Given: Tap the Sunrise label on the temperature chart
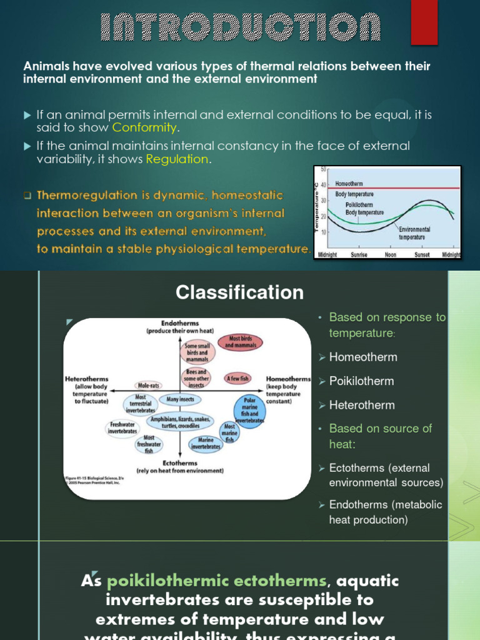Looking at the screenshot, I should pos(359,255).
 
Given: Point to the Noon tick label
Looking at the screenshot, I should pos(391,255).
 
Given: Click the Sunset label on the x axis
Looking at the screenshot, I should pos(422,255).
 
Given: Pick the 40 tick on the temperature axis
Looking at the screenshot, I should pos(324,184).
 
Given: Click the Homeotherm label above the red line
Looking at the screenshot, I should pos(351,184).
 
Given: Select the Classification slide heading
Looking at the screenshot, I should pos(240,292).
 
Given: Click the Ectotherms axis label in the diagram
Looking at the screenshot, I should pos(180,463).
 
